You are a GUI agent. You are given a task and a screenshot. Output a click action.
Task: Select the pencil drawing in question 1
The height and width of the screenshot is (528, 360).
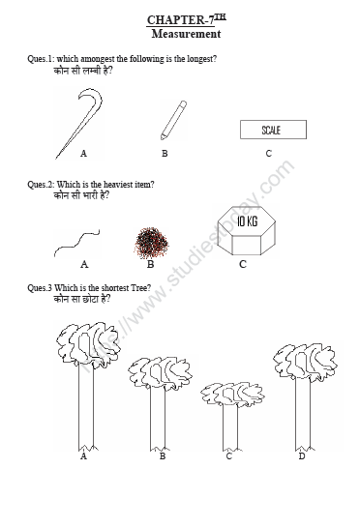(173, 117)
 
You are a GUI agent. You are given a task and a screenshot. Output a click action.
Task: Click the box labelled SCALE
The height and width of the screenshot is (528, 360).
(271, 130)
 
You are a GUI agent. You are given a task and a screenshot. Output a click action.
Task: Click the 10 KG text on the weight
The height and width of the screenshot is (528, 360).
(246, 221)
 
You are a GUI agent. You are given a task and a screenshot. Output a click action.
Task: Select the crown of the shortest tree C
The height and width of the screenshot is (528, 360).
(228, 393)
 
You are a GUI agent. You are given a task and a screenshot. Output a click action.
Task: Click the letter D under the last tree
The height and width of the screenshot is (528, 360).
(302, 455)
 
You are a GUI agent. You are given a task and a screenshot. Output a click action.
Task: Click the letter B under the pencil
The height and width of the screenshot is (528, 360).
(165, 153)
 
